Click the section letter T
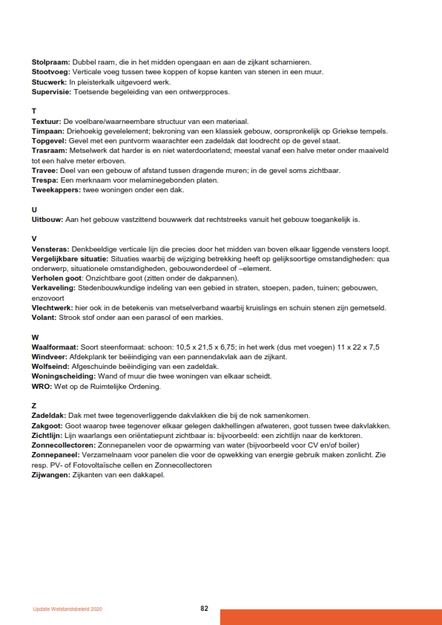click(x=34, y=111)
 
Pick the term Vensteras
click(x=50, y=249)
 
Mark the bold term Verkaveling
click(x=53, y=288)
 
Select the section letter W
click(x=35, y=337)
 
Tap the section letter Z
click(x=34, y=405)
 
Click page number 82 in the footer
click(x=204, y=608)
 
